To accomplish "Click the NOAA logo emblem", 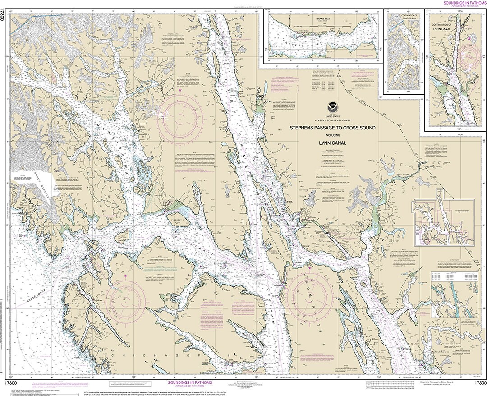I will pyautogui.click(x=332, y=107).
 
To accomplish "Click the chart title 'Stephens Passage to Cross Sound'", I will pyautogui.click(x=332, y=128).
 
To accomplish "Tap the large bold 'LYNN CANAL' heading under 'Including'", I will pyautogui.click(x=332, y=143).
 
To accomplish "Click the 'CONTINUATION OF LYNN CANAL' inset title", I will pyautogui.click(x=455, y=27).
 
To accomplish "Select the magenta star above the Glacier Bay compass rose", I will pyautogui.click(x=180, y=91).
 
